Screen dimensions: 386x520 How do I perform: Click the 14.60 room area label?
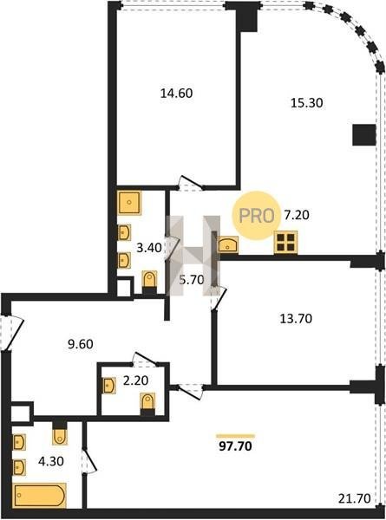176,94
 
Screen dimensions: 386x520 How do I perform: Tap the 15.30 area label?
307,103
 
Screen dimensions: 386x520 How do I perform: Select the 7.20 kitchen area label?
297,215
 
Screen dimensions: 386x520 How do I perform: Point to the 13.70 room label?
296,319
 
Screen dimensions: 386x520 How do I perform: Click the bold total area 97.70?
235,446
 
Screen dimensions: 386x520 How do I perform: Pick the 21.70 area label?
355,498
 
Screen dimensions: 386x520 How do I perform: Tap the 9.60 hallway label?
81,344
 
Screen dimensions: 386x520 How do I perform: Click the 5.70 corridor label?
192,280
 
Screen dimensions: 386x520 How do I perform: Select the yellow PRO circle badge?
256,216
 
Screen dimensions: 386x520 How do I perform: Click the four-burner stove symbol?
285,242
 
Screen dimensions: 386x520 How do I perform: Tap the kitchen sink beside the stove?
228,245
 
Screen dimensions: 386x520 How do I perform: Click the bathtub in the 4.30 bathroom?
40,496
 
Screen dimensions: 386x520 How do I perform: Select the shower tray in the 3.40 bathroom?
129,202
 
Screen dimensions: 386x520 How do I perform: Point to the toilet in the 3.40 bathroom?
150,282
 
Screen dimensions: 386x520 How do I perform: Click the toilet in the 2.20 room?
147,403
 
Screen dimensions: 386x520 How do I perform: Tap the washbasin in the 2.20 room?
109,386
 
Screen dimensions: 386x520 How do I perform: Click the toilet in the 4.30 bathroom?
60,432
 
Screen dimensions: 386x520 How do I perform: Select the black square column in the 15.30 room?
363,134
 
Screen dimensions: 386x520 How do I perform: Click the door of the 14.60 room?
189,183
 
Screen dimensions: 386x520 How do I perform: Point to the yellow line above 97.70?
235,436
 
